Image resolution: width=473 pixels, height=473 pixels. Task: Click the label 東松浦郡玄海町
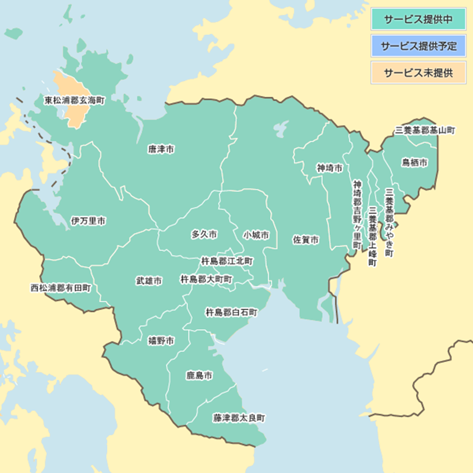[75, 101]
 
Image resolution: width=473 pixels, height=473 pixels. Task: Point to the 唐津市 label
[161, 149]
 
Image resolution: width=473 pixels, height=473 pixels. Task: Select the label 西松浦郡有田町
[61, 288]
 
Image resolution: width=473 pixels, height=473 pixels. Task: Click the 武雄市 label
[149, 281]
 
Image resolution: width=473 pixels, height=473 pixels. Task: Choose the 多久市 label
[204, 234]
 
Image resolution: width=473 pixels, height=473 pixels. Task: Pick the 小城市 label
[256, 235]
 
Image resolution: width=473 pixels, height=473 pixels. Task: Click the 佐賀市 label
[306, 240]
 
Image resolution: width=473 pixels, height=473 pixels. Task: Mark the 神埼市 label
[330, 167]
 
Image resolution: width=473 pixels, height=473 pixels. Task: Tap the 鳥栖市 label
[415, 162]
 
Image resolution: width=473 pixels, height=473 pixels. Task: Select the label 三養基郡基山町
[425, 131]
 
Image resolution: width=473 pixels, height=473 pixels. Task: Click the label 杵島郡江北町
[227, 261]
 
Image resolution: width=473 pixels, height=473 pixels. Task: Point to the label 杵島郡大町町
[206, 279]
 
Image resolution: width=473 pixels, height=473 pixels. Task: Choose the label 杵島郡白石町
[231, 313]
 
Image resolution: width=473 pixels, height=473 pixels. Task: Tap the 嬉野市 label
[161, 341]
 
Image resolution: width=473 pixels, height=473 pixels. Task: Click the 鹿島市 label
[199, 376]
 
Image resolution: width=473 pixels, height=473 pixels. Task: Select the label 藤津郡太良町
[239, 418]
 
